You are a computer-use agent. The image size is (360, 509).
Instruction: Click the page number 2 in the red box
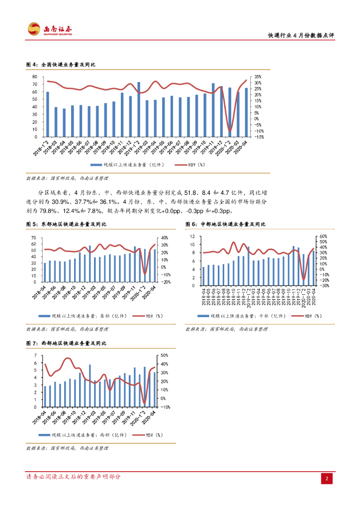pos(327,478)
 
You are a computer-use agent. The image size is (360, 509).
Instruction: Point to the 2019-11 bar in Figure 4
pos(213,110)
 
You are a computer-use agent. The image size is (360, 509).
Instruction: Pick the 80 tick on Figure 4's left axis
pos(35,77)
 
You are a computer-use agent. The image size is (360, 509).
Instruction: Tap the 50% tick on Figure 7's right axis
pos(165,355)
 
